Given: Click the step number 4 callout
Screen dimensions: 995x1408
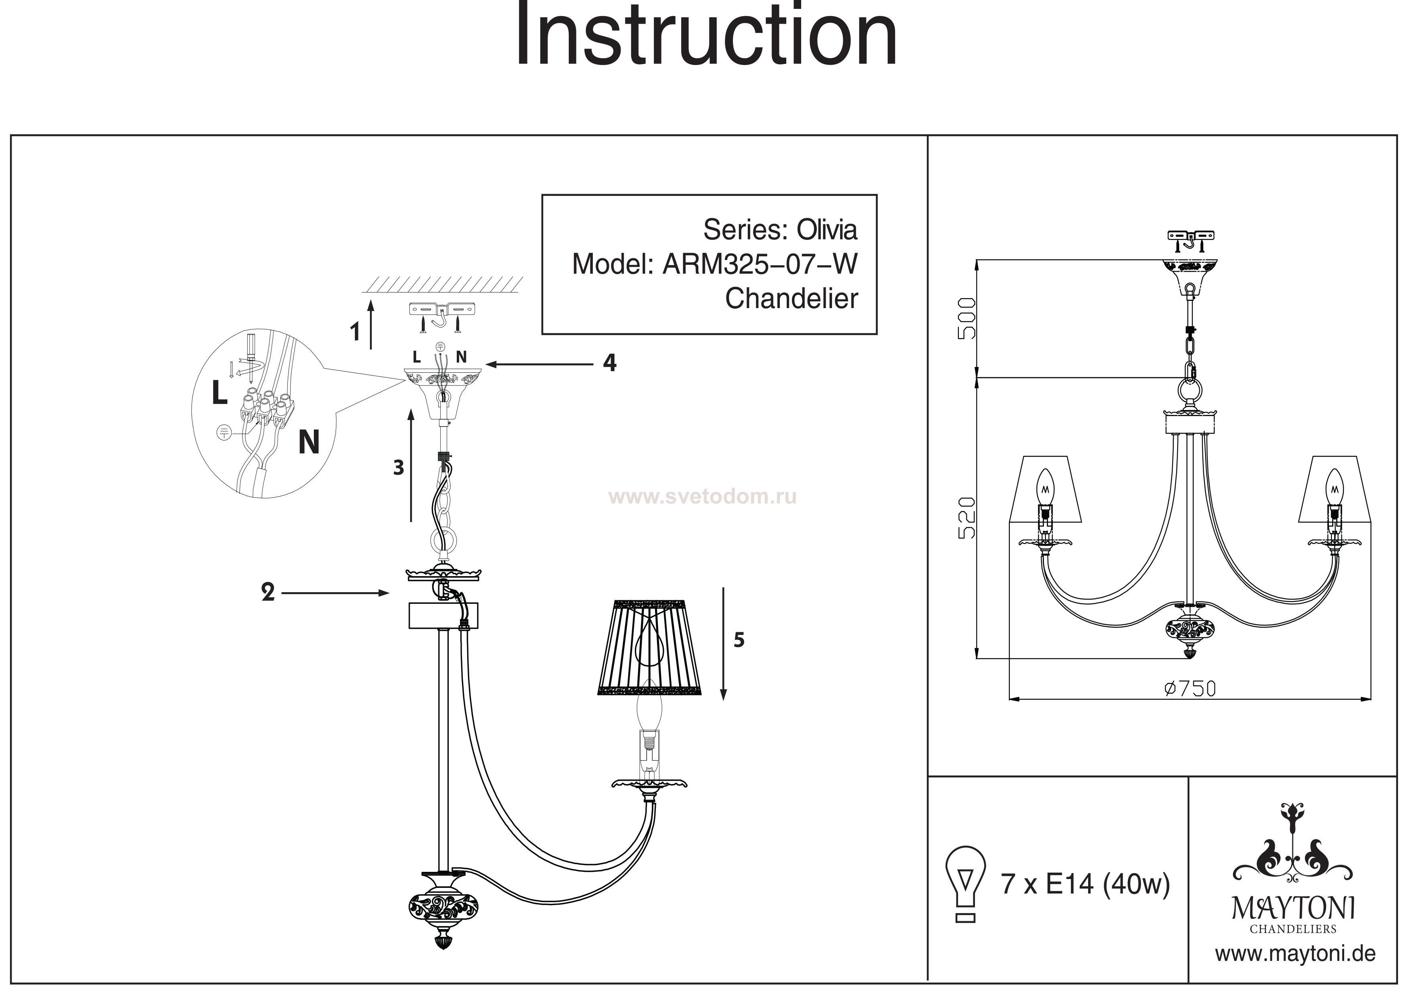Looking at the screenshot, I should (x=609, y=363).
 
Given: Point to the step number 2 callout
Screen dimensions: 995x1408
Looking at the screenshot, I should (x=268, y=593).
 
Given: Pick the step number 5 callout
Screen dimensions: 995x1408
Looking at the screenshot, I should (x=739, y=640).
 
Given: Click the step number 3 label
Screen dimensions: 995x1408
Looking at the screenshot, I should (x=399, y=468).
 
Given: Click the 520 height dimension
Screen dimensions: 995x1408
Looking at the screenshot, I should (x=966, y=518).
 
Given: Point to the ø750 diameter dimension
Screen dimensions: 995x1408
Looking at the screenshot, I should (x=1189, y=688).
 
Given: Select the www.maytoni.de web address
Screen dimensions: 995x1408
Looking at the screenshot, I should (x=1295, y=954).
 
